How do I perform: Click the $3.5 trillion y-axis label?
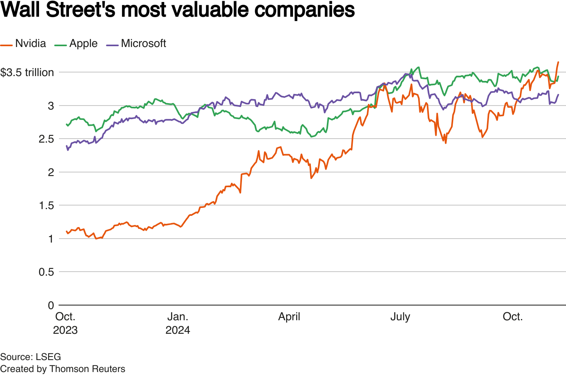click(27, 72)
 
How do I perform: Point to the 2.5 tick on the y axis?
click(45, 139)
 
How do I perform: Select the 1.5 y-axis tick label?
click(45, 206)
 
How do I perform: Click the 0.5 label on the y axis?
click(45, 272)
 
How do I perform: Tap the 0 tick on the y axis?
click(51, 305)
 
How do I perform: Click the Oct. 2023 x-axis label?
click(65, 323)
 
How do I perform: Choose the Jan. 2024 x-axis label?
click(178, 323)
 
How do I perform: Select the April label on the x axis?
click(289, 317)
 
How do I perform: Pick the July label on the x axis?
click(400, 317)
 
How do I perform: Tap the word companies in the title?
click(305, 10)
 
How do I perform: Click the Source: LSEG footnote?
click(30, 356)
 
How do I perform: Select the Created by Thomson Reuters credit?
click(63, 369)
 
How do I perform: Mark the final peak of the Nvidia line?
click(558, 62)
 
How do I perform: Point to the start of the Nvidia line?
click(66, 231)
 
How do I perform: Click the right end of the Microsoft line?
click(558, 95)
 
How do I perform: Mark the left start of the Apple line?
click(66, 124)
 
